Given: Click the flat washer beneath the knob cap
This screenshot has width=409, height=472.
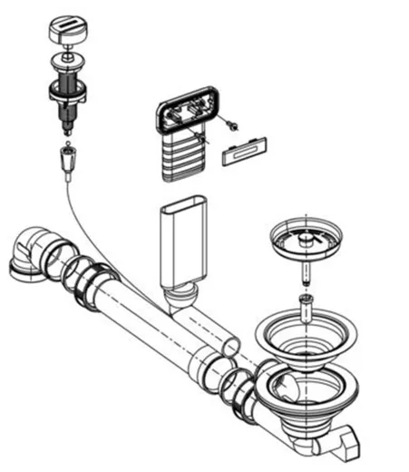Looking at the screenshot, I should pos(66,61).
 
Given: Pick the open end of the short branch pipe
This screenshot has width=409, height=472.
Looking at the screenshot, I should pos(231,346).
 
